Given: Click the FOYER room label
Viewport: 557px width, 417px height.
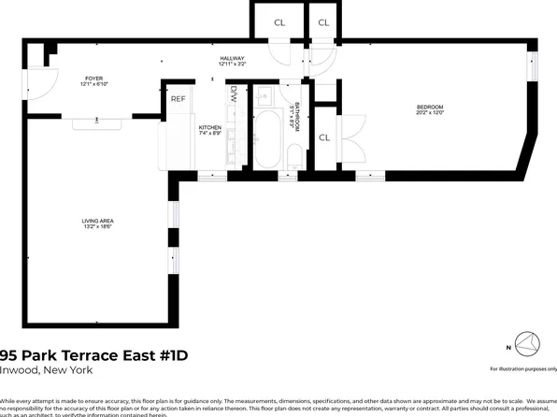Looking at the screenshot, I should (x=94, y=79).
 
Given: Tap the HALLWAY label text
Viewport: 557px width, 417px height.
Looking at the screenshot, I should (x=232, y=58).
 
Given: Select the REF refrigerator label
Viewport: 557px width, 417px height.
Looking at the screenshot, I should (x=178, y=97).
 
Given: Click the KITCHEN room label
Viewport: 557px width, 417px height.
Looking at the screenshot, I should (x=209, y=128).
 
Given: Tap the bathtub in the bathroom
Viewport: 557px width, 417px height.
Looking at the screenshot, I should (x=267, y=137).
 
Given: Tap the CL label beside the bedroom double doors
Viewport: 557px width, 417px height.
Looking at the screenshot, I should (x=324, y=138).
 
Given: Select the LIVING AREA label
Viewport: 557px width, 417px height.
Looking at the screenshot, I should (x=97, y=221).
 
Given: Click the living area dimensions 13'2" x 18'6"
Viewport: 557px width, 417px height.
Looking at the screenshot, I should (x=97, y=227).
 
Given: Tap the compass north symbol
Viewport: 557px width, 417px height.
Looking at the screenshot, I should (x=526, y=346).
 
